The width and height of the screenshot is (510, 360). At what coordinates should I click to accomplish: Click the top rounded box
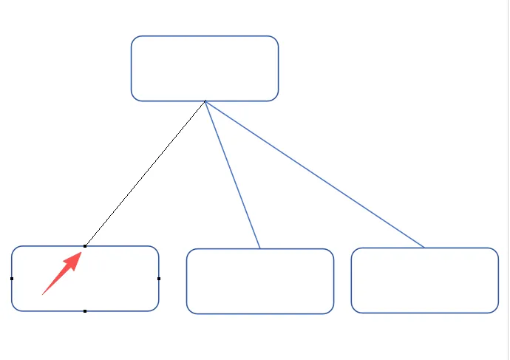[x=205, y=68]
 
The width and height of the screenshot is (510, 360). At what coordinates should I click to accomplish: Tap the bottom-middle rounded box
[x=260, y=281]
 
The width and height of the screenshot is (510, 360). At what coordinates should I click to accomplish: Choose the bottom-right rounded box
[x=424, y=279]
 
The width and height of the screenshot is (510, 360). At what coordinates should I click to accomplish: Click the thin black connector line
[x=145, y=174]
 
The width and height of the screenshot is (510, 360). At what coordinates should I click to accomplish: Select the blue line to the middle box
[x=233, y=175]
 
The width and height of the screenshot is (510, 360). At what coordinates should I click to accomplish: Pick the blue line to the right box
[x=314, y=174]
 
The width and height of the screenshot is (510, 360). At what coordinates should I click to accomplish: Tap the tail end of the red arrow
[x=43, y=294]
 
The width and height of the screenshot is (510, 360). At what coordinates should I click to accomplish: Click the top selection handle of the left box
[x=85, y=245]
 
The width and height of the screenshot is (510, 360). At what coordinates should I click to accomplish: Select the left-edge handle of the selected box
[x=12, y=279]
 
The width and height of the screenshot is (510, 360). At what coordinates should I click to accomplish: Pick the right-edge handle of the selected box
[x=159, y=279]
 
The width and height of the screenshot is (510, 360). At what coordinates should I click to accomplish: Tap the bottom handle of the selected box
[x=85, y=311]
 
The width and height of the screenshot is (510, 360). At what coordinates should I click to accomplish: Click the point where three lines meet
[x=205, y=101]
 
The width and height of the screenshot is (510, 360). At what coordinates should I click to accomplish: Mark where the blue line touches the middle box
[x=260, y=248]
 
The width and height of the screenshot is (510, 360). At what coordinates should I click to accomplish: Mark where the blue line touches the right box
[x=424, y=247]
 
